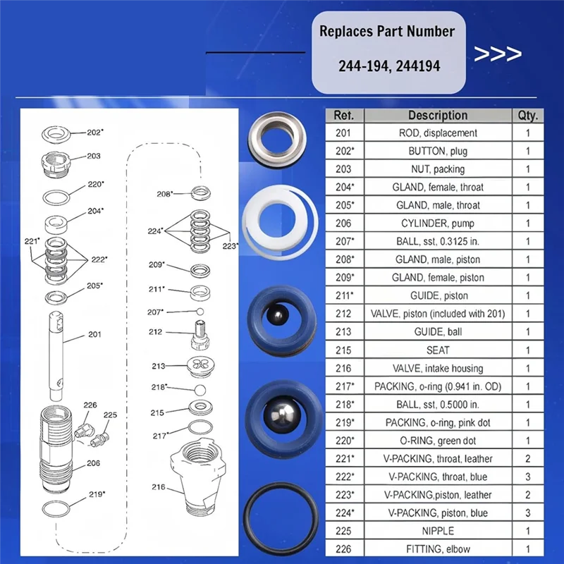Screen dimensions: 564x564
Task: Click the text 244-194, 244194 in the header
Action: pyautogui.click(x=389, y=66)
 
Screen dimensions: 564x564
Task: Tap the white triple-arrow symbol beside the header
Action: pyautogui.click(x=498, y=54)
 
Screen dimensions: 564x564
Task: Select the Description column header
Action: pyautogui.click(x=437, y=115)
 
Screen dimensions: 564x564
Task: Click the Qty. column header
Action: pyautogui.click(x=527, y=115)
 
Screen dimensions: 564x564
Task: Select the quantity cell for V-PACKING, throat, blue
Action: pyautogui.click(x=527, y=477)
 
